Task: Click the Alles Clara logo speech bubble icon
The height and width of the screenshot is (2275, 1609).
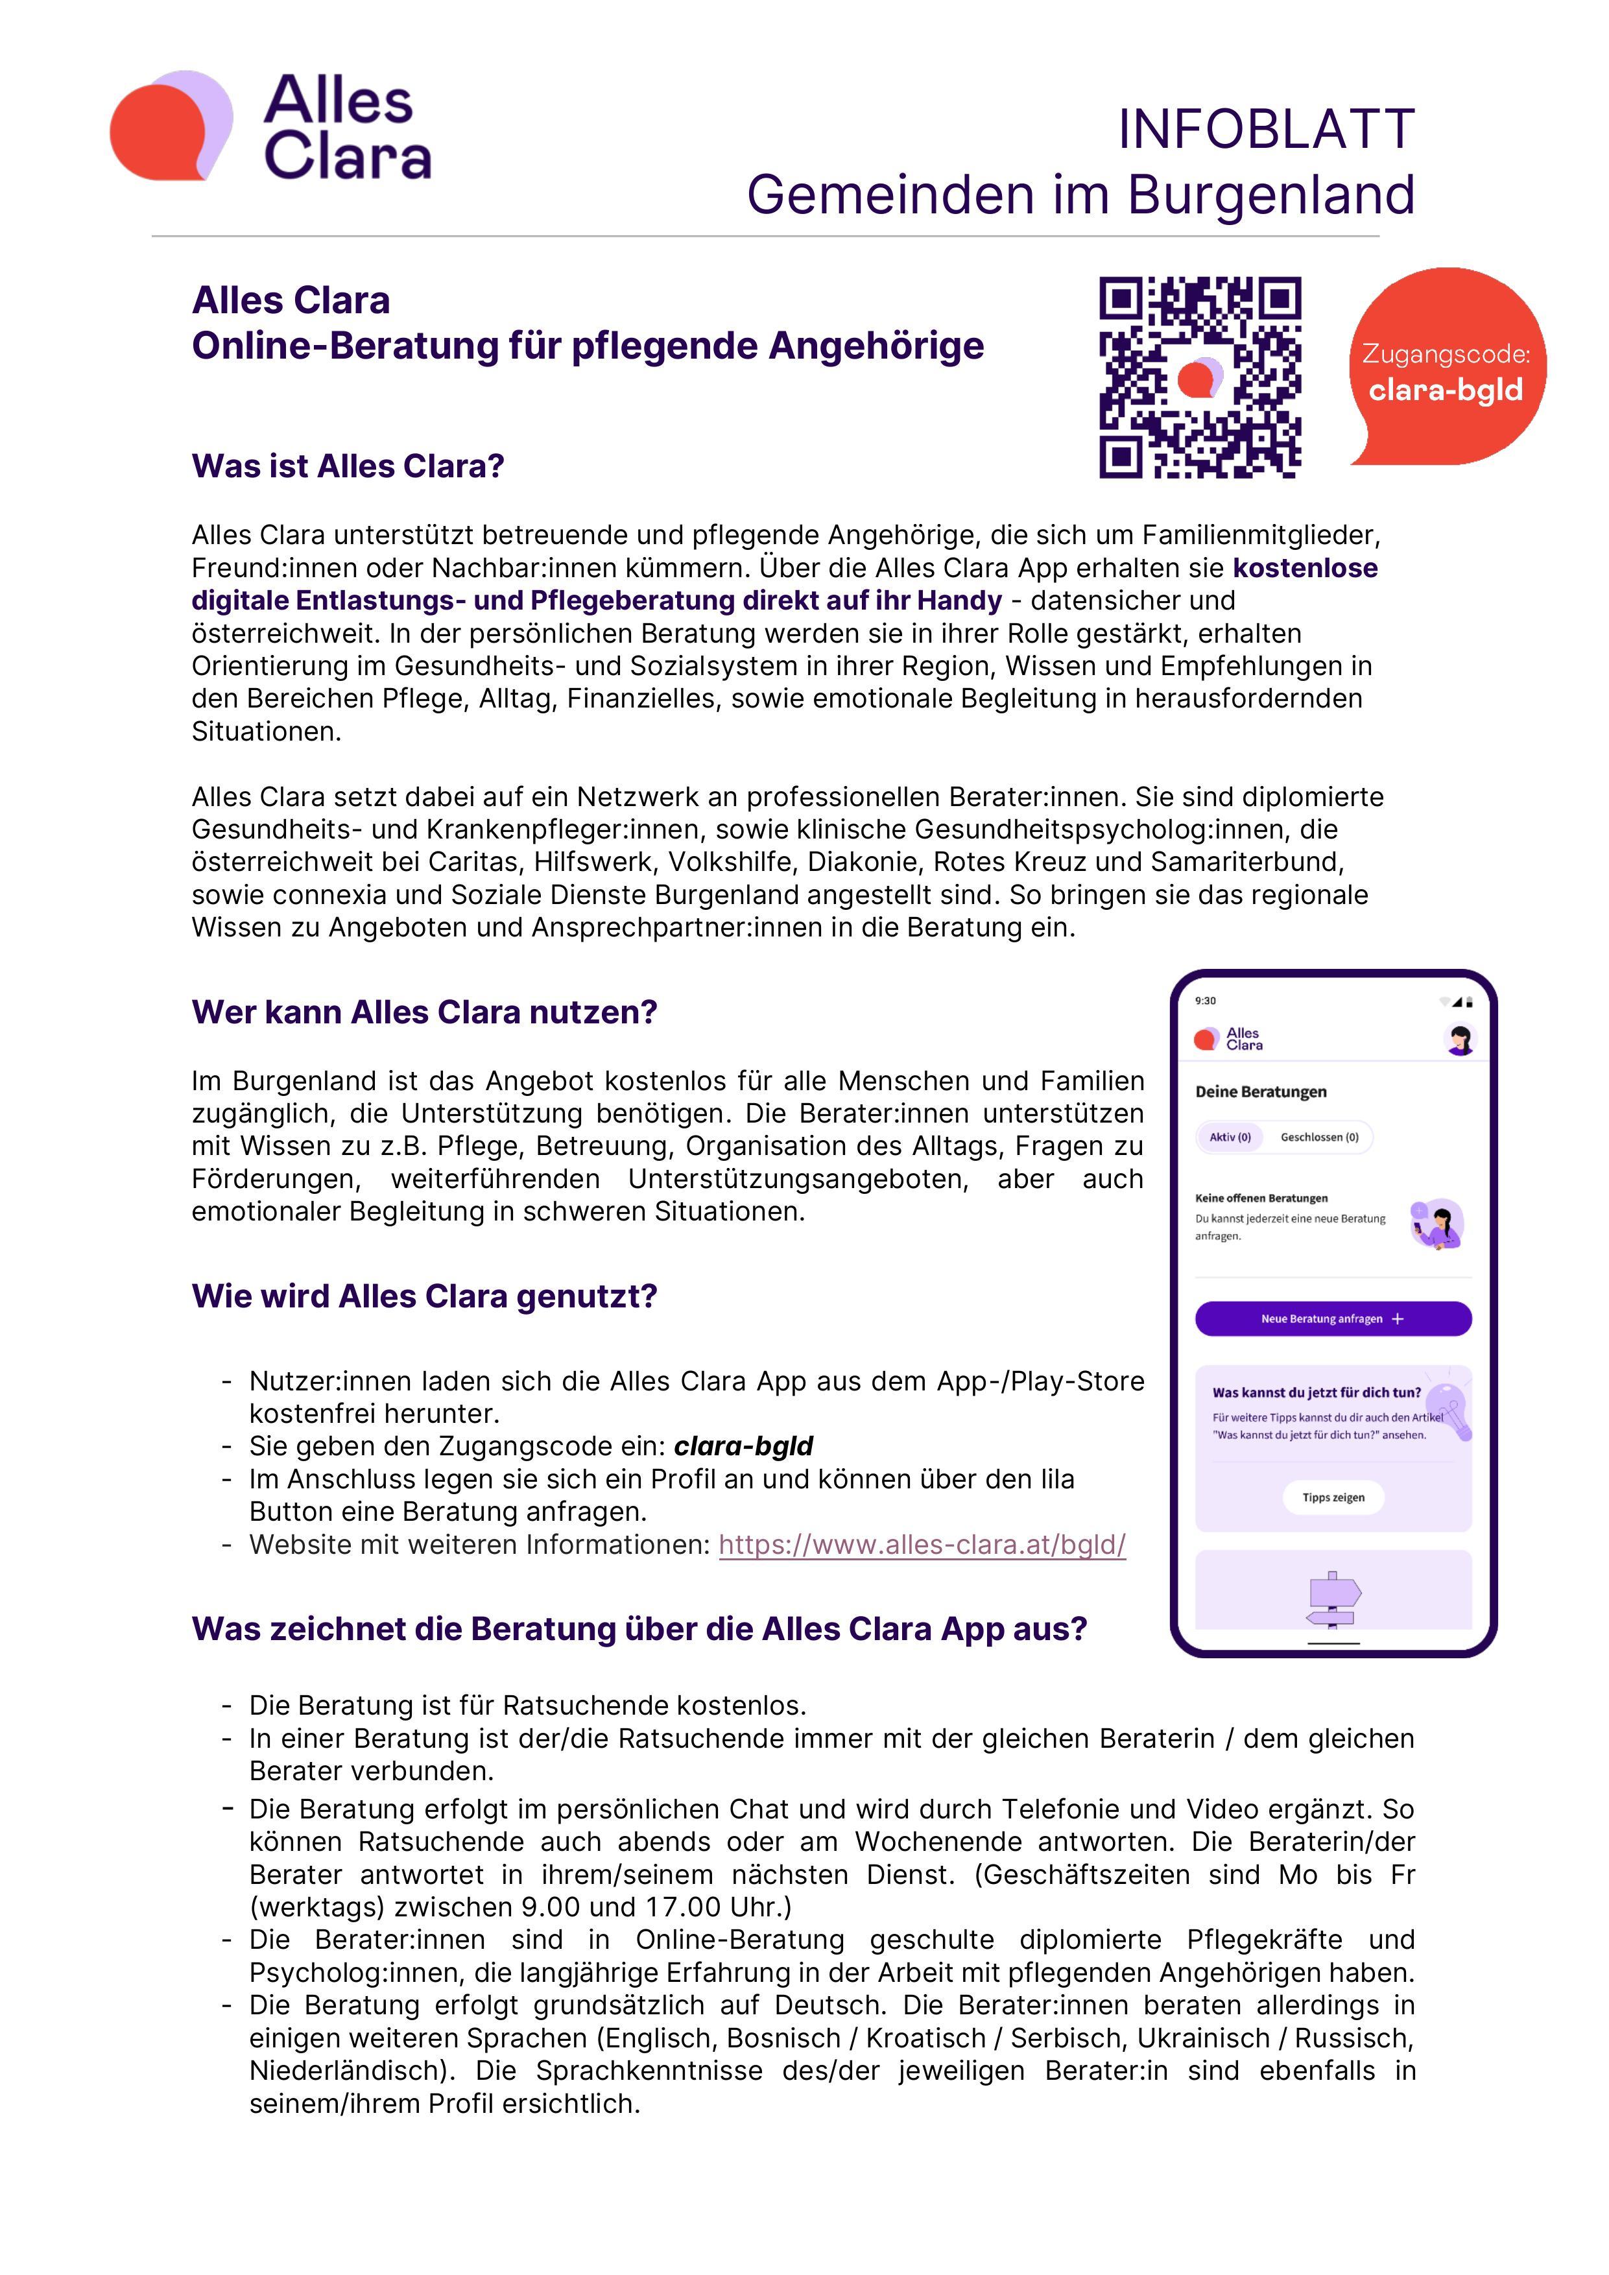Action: tap(171, 126)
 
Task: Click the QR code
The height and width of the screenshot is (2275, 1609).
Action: tap(1200, 377)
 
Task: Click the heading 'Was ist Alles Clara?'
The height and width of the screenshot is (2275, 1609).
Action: tap(348, 466)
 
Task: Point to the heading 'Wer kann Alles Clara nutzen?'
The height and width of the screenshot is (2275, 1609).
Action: tap(424, 1012)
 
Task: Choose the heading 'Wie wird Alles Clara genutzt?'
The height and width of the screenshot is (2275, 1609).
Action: tap(424, 1296)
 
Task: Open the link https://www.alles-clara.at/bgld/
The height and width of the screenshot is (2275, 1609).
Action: tap(922, 1545)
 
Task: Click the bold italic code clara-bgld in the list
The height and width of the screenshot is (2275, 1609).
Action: tap(743, 1447)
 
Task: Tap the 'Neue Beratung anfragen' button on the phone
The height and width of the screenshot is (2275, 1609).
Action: tap(1333, 1319)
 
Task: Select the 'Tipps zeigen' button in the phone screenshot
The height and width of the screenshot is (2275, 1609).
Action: tap(1333, 1497)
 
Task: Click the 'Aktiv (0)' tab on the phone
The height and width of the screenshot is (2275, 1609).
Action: tap(1230, 1137)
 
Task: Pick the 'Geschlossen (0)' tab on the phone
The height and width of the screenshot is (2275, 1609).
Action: tap(1318, 1137)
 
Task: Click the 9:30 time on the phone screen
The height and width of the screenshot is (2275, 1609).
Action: tap(1205, 1001)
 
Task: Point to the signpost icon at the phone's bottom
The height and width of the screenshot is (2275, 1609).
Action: tap(1333, 1598)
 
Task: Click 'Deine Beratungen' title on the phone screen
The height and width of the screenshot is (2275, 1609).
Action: tap(1260, 1092)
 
